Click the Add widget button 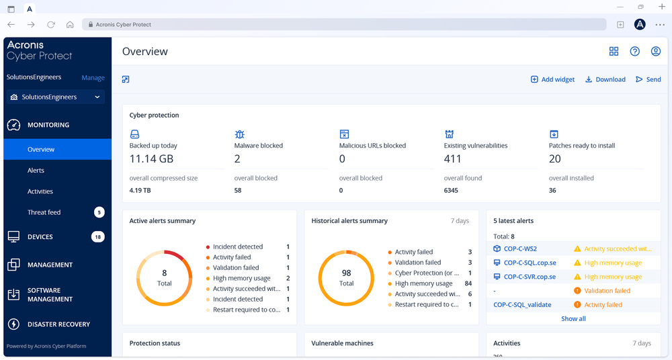point(552,79)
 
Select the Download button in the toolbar point(605,79)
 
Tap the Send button point(648,79)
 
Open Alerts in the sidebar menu point(36,171)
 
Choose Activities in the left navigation point(40,191)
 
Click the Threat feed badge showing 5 point(99,212)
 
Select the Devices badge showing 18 point(98,237)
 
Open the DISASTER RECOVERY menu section point(58,324)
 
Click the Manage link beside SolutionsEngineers point(93,78)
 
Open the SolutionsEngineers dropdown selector point(56,97)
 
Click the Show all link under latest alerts point(573,319)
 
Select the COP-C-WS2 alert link point(520,249)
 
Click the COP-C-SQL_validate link point(522,305)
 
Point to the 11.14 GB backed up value point(152,159)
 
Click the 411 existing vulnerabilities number point(453,159)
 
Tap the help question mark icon point(634,52)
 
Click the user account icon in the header point(656,52)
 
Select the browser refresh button point(50,25)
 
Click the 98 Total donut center point(346,278)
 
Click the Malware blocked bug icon point(239,134)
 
